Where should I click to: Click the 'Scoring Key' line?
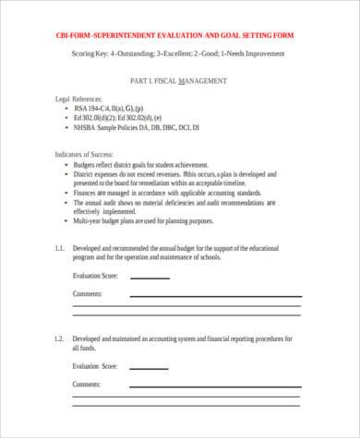[x=178, y=53]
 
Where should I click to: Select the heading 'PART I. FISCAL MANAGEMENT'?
[x=178, y=82]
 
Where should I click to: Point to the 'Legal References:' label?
[x=75, y=97]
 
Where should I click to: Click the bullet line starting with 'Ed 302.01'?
[x=124, y=117]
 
